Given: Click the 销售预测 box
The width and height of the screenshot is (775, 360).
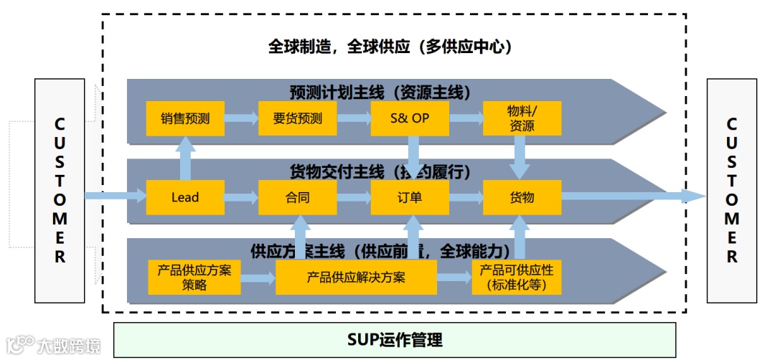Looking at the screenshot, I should point(185,119).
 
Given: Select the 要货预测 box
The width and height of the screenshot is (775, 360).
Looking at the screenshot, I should point(297,119).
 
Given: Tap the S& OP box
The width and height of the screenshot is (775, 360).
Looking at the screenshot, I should point(410,119).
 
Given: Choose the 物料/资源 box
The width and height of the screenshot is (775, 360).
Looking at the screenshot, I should point(522,119).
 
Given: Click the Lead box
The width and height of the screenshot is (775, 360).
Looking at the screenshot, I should point(185,197).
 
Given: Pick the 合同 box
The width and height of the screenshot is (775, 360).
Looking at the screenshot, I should point(297,197).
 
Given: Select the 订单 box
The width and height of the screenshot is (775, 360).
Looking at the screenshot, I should point(410,197).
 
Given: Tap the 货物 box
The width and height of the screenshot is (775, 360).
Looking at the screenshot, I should point(522,197).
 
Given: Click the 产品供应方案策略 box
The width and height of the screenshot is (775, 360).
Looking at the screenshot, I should point(194,278).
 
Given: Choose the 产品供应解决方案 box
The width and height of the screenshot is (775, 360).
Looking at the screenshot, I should point(356,278).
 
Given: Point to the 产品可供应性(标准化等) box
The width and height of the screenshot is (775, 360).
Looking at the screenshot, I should point(517,278).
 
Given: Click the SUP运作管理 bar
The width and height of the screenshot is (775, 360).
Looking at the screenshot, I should point(395,340).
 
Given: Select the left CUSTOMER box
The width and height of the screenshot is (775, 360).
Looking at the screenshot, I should point(60,191).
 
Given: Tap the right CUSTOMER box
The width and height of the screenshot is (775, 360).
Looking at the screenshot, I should point(732,191).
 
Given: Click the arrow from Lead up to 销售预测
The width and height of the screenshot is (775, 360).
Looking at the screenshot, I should point(185,158).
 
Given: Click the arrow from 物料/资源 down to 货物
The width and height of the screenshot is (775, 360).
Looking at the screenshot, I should point(521,158).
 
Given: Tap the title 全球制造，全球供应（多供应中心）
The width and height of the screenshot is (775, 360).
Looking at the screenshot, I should point(394,47).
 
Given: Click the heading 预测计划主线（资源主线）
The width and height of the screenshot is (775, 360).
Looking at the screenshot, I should point(380,92).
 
